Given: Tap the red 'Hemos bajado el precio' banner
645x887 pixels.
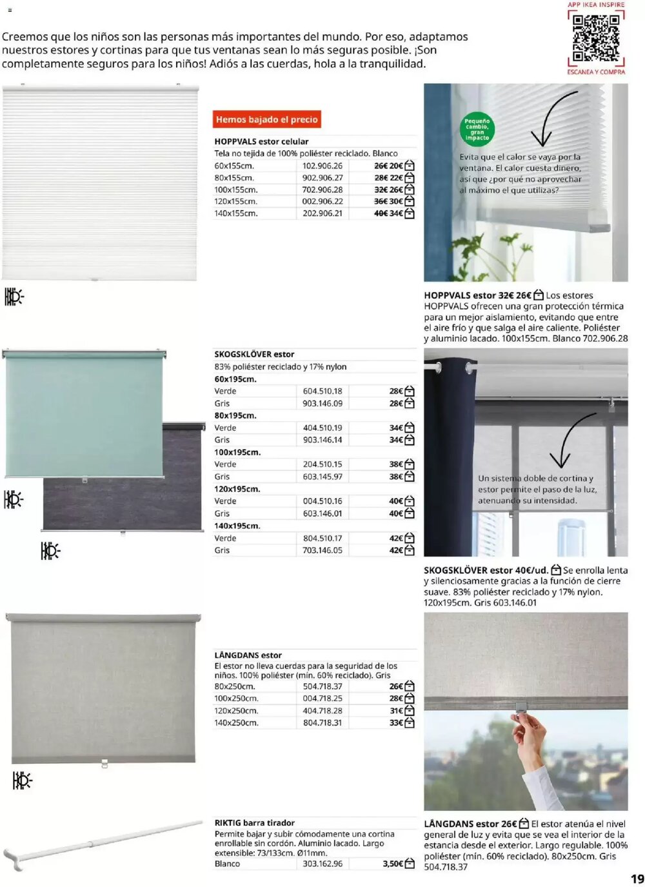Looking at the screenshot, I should point(266,119).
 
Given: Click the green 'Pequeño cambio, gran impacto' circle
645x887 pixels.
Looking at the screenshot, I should point(477,129).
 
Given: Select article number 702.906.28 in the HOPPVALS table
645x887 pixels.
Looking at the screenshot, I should point(322,190).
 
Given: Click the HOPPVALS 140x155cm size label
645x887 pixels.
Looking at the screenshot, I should point(235,214).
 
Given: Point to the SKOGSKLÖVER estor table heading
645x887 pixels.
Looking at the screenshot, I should point(254,354).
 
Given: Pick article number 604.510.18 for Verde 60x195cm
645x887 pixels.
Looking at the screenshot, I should point(322,391).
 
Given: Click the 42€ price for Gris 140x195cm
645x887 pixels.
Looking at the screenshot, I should point(395,550).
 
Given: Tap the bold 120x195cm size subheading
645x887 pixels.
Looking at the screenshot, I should point(237,489).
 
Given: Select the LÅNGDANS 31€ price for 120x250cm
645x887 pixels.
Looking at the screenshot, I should point(395,710).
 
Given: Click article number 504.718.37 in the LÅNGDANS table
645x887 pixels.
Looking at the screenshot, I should point(322,686).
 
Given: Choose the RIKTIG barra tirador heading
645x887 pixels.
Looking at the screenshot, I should point(254,822).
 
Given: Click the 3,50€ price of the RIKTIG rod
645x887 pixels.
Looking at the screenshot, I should point(392,863).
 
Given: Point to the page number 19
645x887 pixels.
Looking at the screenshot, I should point(637,878).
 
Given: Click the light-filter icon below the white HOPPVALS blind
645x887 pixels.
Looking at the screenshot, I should point(14,297).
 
